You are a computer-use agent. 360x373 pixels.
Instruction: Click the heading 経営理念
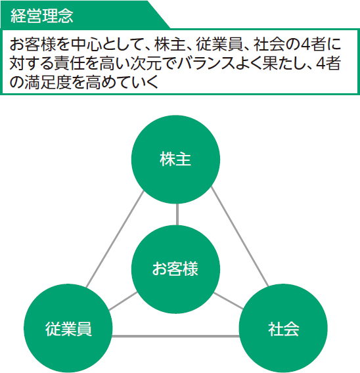click(x=42, y=16)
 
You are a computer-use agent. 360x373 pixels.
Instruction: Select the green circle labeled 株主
click(x=175, y=160)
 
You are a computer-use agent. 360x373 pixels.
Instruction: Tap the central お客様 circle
click(x=175, y=269)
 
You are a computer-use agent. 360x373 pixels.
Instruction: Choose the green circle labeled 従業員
click(x=68, y=328)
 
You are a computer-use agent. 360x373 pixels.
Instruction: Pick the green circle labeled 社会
click(x=283, y=328)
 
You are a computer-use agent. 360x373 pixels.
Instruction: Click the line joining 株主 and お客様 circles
click(x=177, y=214)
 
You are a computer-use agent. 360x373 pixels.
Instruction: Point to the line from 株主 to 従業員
click(x=115, y=238)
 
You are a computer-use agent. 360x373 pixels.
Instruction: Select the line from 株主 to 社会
click(x=240, y=236)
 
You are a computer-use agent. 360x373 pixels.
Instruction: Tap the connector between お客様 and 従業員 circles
click(x=123, y=301)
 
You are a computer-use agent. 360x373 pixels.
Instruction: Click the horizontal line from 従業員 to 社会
click(x=175, y=336)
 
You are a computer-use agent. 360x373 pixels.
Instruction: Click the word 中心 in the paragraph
click(x=86, y=45)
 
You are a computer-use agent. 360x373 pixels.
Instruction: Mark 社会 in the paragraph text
click(x=269, y=45)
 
